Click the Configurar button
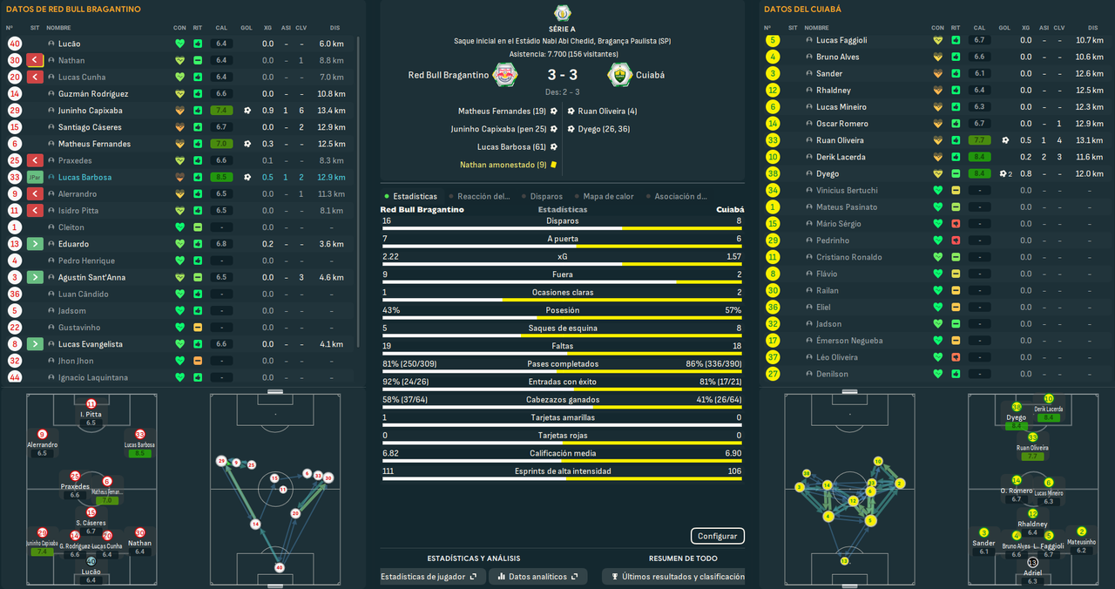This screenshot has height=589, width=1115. tap(718, 536)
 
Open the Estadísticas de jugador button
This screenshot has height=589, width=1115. tap(429, 577)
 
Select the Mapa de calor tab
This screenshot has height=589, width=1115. tap(609, 197)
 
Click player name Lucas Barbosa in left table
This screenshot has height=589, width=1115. tap(82, 178)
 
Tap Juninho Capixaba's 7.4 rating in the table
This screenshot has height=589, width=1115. tap(221, 111)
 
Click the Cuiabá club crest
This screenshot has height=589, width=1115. tap(619, 75)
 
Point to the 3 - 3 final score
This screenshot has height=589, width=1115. tap(562, 75)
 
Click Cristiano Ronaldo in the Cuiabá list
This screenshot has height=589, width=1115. tap(848, 257)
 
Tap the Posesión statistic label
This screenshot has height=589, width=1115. tap(562, 310)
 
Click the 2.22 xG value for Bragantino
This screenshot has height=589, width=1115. tap(390, 257)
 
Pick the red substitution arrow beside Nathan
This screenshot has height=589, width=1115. tap(35, 60)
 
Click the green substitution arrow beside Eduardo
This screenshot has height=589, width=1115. tap(35, 244)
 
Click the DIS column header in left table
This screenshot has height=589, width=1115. tap(334, 28)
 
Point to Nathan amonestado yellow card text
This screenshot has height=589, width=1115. tap(503, 165)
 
